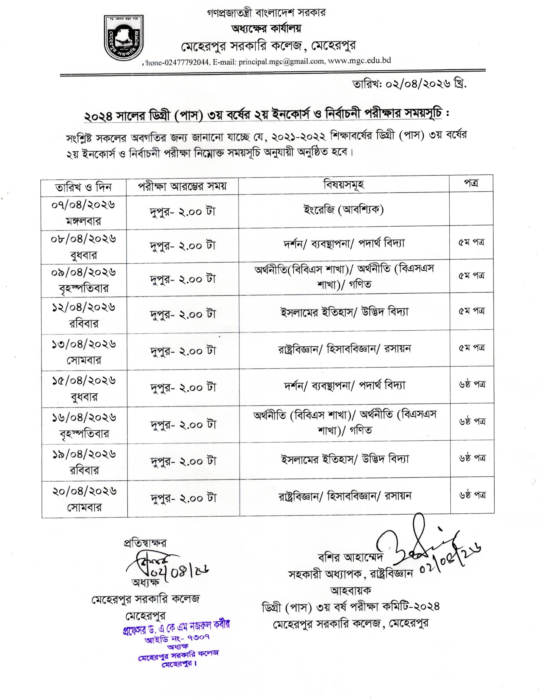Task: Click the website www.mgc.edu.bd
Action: [359, 61]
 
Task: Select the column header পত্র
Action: [471, 184]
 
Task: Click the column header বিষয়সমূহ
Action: [344, 185]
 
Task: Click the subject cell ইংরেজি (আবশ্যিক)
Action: [344, 210]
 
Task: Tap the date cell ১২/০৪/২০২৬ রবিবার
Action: [83, 315]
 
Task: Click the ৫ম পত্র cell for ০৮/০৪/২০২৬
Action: [471, 243]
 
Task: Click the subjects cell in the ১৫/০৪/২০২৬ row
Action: [345, 386]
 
